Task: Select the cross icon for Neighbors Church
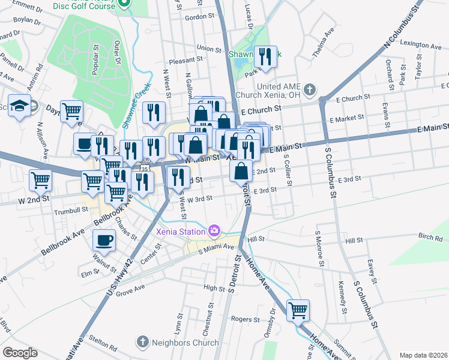142,343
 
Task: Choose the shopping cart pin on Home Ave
298,310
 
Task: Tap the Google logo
20,353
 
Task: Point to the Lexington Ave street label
421,44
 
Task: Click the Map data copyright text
423,355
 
